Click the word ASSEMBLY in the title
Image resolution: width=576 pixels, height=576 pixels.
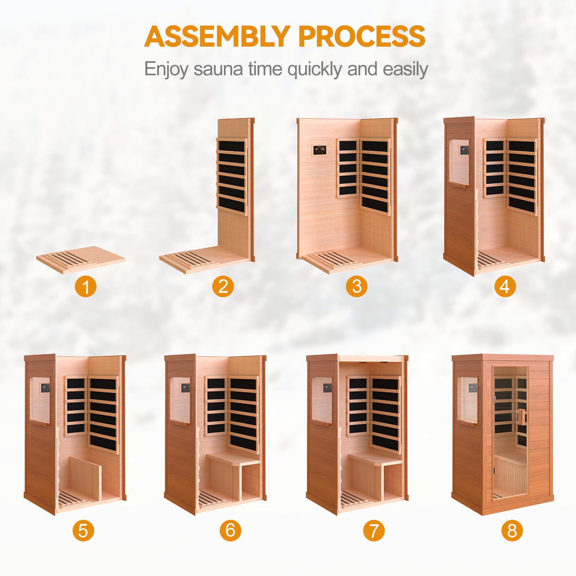pyautogui.click(x=217, y=37)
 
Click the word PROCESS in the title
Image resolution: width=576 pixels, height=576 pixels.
pyautogui.click(x=362, y=37)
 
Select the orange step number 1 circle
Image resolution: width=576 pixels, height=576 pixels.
pyautogui.click(x=85, y=287)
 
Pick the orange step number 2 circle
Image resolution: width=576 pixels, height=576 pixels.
pyautogui.click(x=223, y=287)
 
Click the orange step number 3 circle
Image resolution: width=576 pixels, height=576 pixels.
pyautogui.click(x=357, y=287)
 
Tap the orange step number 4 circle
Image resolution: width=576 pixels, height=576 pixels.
pyautogui.click(x=505, y=287)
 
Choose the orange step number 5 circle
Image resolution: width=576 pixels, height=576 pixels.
pyautogui.click(x=83, y=530)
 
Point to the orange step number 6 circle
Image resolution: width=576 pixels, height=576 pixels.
pyautogui.click(x=231, y=530)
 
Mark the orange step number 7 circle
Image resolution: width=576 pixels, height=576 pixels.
pyautogui.click(x=374, y=530)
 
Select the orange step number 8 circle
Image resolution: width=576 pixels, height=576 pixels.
pyautogui.click(x=512, y=530)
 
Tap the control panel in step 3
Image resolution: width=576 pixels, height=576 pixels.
pyautogui.click(x=319, y=150)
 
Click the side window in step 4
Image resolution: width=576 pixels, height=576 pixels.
pyautogui.click(x=459, y=162)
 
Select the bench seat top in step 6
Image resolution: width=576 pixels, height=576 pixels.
pyautogui.click(x=233, y=458)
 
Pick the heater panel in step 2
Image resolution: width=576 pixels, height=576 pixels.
pyautogui.click(x=232, y=176)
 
